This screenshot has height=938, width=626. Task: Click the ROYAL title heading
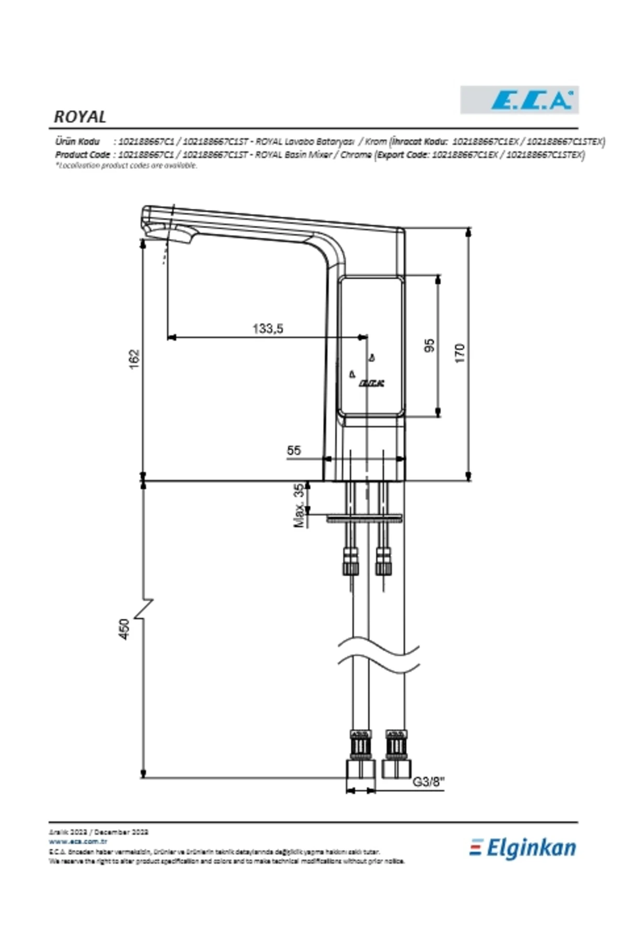[x=80, y=117]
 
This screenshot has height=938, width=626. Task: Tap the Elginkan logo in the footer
[x=523, y=848]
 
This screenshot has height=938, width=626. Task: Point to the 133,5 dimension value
[x=268, y=329]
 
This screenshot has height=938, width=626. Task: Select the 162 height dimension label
[x=135, y=359]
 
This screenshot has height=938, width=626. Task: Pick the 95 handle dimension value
[x=429, y=345]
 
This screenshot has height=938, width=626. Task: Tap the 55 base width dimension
[x=294, y=450]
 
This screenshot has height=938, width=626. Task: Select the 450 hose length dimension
[x=124, y=629]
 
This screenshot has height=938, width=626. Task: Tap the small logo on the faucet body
[x=371, y=384]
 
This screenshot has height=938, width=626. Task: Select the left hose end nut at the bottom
[x=360, y=769]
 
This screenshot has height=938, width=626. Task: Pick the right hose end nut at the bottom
[x=396, y=769]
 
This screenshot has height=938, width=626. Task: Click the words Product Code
[x=82, y=155]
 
